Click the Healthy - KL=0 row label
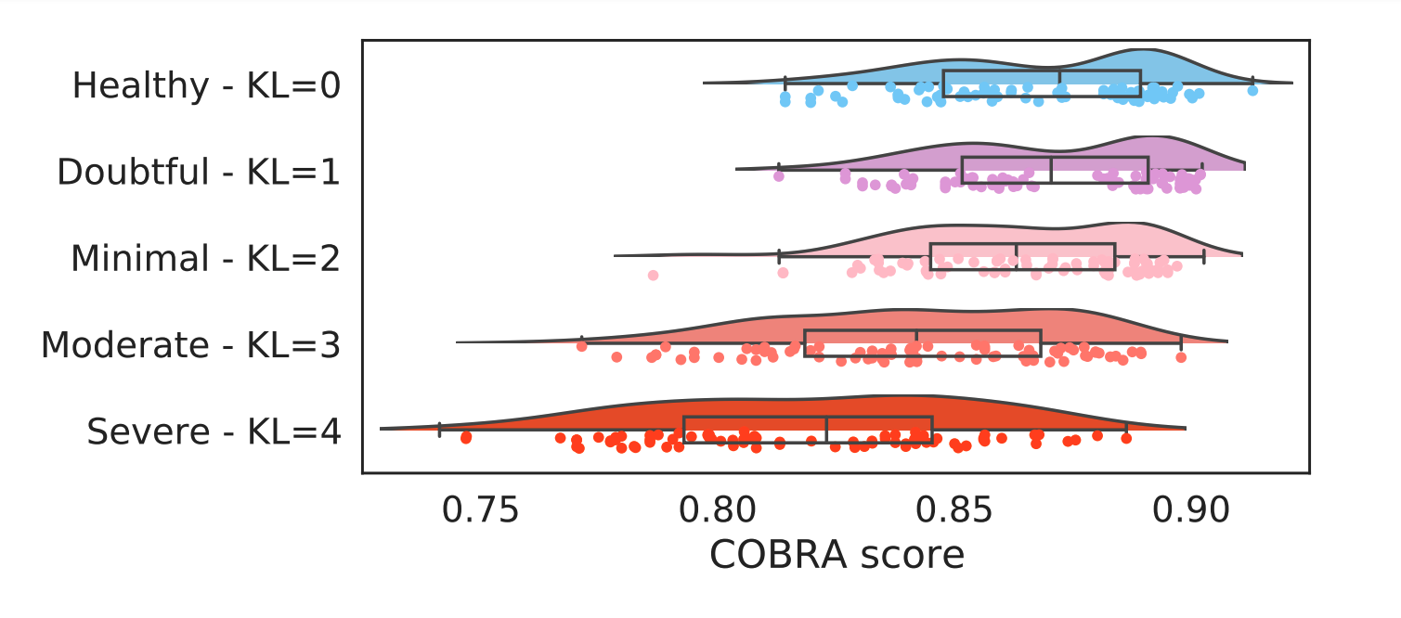click(206, 85)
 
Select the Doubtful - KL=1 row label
click(199, 172)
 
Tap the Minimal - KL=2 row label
click(205, 258)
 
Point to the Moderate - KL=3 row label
click(190, 344)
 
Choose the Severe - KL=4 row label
click(214, 431)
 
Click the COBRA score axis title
click(837, 555)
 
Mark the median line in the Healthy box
click(1059, 84)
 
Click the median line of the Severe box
click(826, 430)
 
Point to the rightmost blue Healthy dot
click(1252, 91)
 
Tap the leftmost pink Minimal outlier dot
click(653, 275)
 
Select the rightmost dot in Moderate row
click(1181, 356)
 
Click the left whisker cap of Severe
click(439, 430)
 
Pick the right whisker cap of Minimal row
click(1203, 256)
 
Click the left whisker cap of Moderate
click(582, 342)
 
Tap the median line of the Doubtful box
click(1051, 170)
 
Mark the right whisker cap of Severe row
click(1126, 430)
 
